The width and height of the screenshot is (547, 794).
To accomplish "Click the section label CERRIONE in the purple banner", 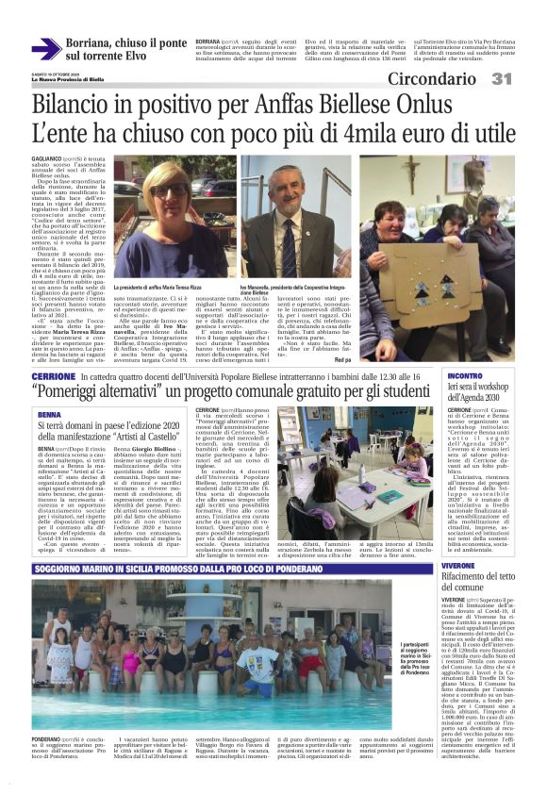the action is tap(53, 376).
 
